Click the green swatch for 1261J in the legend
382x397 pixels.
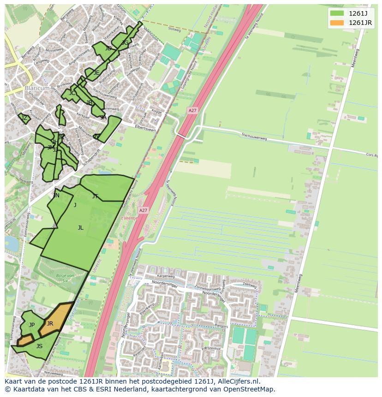click(337, 13)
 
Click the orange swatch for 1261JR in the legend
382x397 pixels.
click(337, 23)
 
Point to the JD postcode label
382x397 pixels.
click(108, 48)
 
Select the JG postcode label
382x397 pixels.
click(125, 43)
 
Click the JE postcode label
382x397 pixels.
click(96, 73)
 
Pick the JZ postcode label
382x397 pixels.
click(24, 118)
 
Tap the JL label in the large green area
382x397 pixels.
click(81, 228)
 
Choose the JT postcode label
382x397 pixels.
click(95, 196)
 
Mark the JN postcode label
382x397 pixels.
click(56, 196)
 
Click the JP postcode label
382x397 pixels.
click(32, 325)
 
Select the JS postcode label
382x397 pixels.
click(39, 346)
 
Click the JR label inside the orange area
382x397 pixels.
click(50, 324)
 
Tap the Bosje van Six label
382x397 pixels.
click(65, 277)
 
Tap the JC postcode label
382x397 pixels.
click(72, 93)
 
